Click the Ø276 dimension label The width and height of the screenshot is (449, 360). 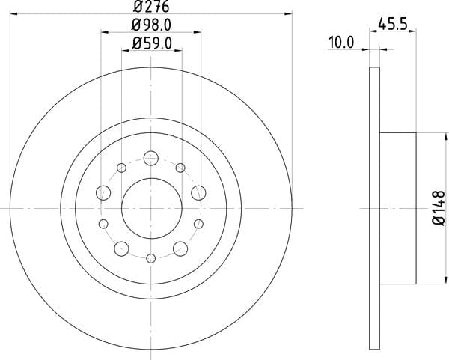151,7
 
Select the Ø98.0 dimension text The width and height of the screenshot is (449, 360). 151,25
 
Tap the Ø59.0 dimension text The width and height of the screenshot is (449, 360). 152,44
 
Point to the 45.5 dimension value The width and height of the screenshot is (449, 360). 393,24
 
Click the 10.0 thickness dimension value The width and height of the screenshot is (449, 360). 341,43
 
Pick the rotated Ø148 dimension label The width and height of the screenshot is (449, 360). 439,207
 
